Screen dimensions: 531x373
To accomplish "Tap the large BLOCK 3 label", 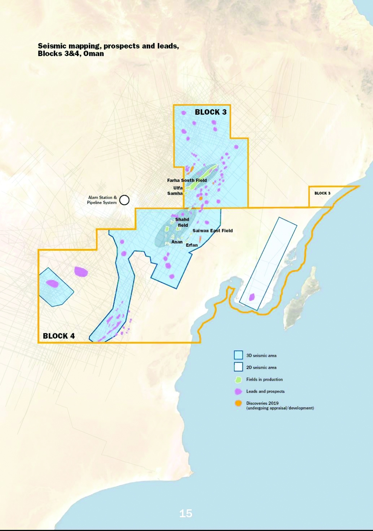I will pos(211,112).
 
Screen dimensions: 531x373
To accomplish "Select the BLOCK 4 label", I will pos(59,336).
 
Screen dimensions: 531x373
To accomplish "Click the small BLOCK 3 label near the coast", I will pos(322,193).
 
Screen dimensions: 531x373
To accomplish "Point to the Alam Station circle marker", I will pos(124,200).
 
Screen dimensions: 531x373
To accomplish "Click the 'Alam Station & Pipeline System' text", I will pos(102,200).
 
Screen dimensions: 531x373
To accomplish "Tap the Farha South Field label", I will pos(187,180).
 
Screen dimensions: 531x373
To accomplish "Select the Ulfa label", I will pos(178,188).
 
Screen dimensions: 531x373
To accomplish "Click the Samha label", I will pos(175,194).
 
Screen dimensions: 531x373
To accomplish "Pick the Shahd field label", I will pos(182,222).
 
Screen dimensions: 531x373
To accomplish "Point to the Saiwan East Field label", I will pos(213,231).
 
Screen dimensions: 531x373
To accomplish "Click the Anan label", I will pos(177,242).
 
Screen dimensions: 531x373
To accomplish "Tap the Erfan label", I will pos(192,245).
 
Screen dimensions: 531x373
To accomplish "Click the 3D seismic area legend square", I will pos(238,355).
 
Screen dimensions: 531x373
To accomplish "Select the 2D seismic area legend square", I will pos(238,367).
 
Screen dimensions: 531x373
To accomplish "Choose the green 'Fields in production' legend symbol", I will pos(238,380).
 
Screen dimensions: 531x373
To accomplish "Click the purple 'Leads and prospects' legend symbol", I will pos(238,392).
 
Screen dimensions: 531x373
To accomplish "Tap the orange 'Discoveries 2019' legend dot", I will pos(238,403).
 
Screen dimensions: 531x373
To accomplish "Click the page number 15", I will pos(186,513).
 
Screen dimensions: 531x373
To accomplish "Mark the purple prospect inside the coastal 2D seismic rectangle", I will pos(252,297).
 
